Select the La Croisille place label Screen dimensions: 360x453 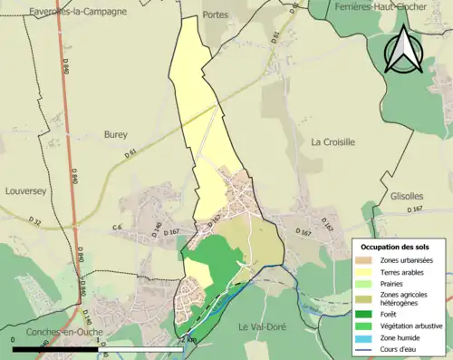pos(333,142)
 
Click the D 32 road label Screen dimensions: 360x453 pos(35,221)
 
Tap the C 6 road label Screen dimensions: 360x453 pos(117,227)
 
